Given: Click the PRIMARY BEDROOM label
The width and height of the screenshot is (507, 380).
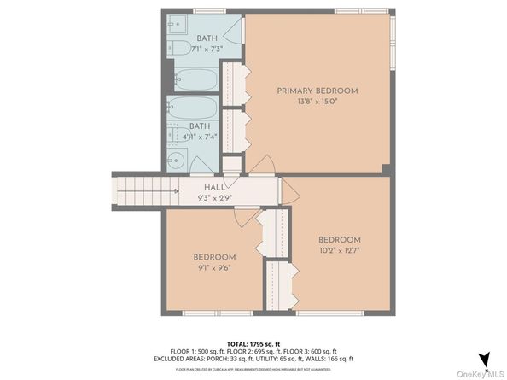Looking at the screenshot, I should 317,91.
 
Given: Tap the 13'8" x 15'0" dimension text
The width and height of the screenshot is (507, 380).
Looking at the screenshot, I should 317,101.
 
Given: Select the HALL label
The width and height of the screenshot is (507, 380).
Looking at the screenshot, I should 213,187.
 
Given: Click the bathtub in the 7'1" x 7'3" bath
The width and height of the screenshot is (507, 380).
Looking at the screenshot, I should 195,80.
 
